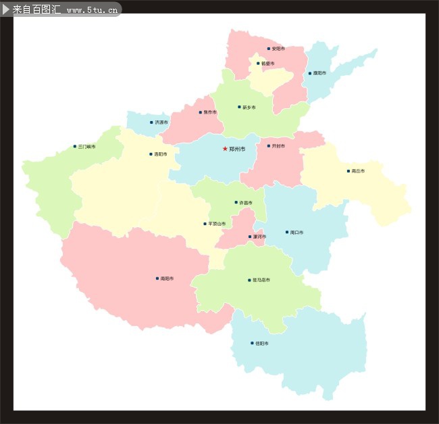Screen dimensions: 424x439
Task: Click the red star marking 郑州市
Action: tap(225, 148)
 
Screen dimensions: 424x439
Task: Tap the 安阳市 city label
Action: tap(278, 49)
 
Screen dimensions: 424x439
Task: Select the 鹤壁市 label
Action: tap(267, 64)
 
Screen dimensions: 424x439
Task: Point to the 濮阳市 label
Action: tap(319, 73)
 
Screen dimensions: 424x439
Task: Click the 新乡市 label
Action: tap(249, 107)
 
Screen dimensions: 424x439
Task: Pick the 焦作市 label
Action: tap(210, 112)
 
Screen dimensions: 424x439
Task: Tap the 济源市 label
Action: tap(161, 122)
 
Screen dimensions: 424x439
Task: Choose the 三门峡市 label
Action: tap(86, 146)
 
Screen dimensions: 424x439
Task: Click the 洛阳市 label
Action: tap(161, 154)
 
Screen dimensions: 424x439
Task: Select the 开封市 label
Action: tap(278, 145)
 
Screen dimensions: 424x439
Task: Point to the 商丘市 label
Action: tap(358, 171)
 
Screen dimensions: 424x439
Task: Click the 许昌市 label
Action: tap(246, 202)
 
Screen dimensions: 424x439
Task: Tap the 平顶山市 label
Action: tap(217, 224)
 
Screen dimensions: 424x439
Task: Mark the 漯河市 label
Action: tap(259, 237)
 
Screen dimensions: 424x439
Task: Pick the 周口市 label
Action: tap(296, 232)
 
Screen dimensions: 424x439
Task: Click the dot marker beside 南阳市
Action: tap(157, 278)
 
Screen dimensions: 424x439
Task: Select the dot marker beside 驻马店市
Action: tap(249, 279)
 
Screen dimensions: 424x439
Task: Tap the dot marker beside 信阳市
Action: tap(252, 343)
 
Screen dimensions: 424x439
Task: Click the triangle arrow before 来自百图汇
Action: tap(6, 9)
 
